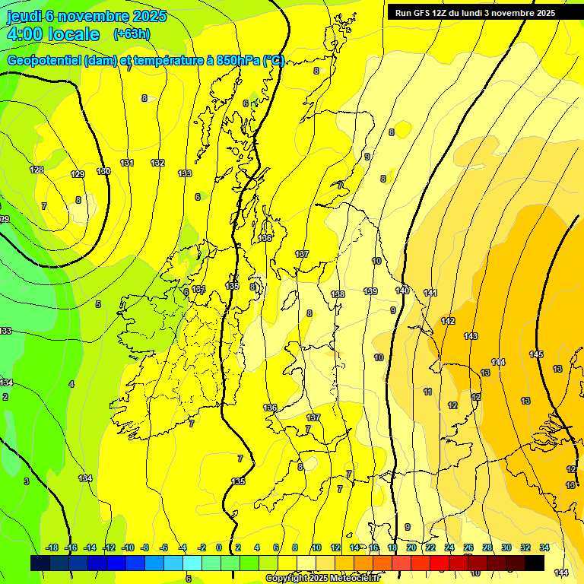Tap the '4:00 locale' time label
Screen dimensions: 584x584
click(x=52, y=34)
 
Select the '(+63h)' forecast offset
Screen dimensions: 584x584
click(x=132, y=34)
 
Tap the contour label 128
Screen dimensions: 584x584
click(x=36, y=170)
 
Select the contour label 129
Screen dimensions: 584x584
click(x=78, y=174)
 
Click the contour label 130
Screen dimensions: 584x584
click(x=103, y=171)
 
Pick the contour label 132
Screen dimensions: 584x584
click(x=157, y=163)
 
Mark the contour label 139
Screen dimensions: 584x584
click(x=370, y=291)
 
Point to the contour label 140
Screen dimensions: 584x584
click(x=402, y=290)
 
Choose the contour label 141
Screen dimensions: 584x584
click(x=430, y=293)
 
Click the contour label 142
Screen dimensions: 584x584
click(x=448, y=321)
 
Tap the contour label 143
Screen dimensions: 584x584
click(x=471, y=336)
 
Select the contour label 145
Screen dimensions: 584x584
click(x=536, y=354)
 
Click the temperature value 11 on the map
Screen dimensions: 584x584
click(x=428, y=392)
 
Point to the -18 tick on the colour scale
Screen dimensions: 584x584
click(x=52, y=547)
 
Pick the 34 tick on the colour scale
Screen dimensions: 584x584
click(x=544, y=547)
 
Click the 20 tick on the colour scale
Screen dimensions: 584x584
click(x=411, y=547)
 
